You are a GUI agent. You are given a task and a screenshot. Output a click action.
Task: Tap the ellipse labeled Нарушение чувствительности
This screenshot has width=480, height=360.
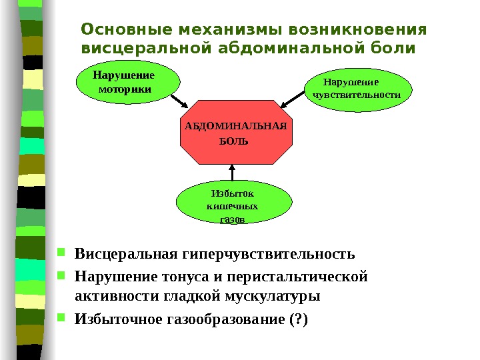click(x=357, y=89)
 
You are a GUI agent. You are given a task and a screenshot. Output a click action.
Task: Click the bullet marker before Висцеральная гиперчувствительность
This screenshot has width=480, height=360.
click(x=61, y=253)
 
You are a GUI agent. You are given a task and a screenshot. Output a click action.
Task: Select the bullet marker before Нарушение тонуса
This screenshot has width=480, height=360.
click(x=61, y=275)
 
